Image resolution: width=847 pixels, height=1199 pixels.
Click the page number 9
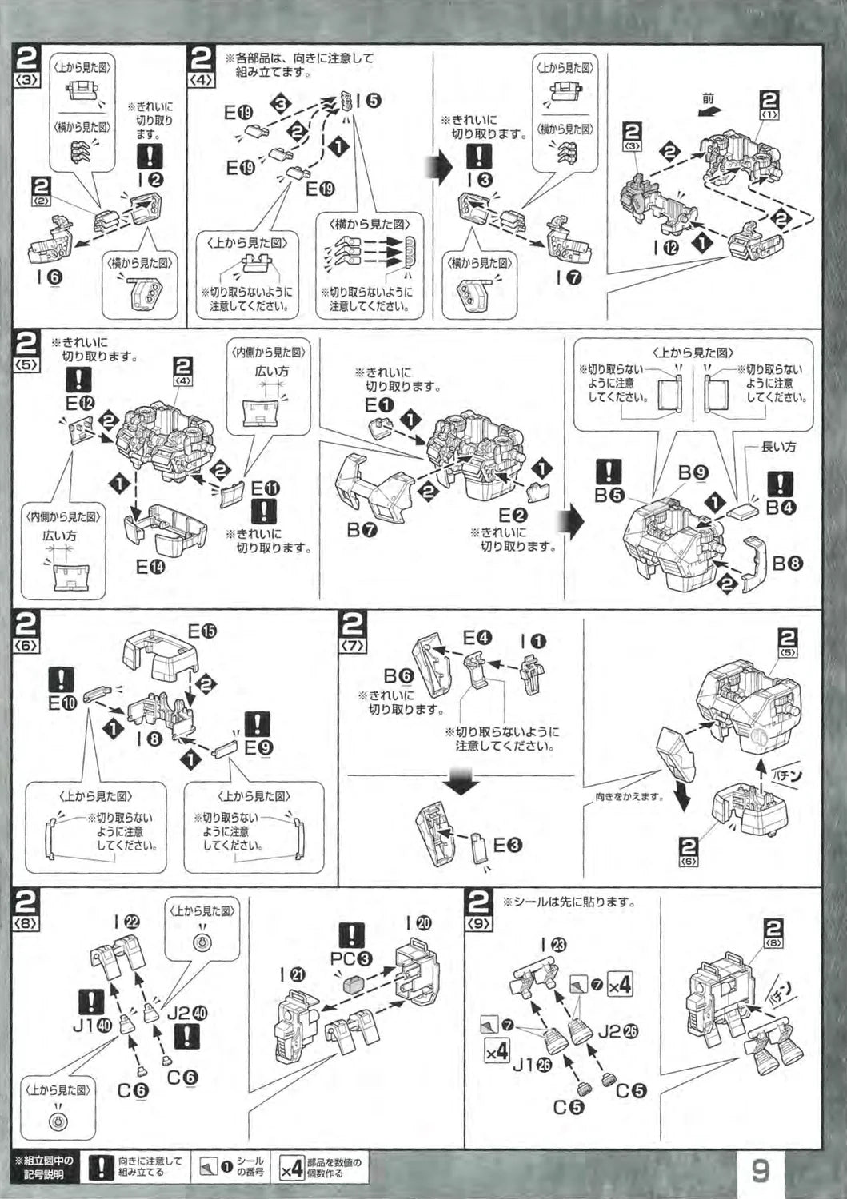coord(760,1170)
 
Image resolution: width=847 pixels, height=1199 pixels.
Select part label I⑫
coord(665,248)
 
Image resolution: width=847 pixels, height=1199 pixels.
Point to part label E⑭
coord(150,567)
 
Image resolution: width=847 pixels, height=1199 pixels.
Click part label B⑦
coord(362,528)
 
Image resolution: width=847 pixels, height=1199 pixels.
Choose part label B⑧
coord(787,563)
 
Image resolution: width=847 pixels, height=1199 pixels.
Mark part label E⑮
coord(202,631)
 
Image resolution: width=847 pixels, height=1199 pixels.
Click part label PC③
coord(351,958)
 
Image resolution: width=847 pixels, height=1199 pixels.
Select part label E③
coord(507,845)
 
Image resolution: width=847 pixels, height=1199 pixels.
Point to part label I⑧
coord(150,739)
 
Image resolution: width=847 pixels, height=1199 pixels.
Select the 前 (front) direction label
coord(707,98)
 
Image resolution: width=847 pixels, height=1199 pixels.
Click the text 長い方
coord(778,447)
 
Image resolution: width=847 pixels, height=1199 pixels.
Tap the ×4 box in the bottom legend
coord(290,1169)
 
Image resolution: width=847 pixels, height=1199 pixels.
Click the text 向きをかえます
coord(629,796)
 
